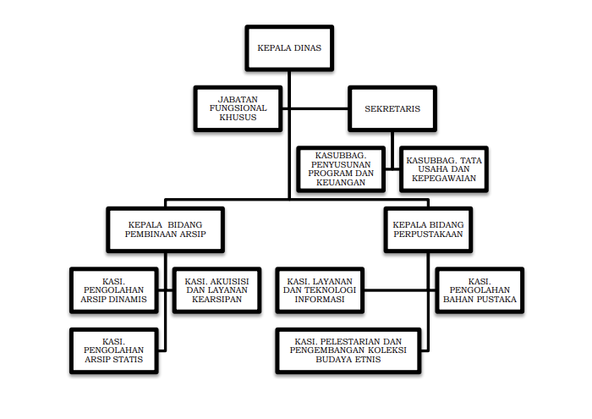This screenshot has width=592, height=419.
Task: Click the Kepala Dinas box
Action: click(x=289, y=48)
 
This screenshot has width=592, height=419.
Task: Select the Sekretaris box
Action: click(x=392, y=109)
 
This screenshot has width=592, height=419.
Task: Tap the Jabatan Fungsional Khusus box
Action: click(x=238, y=109)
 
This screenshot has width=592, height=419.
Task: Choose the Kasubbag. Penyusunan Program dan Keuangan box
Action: click(x=341, y=169)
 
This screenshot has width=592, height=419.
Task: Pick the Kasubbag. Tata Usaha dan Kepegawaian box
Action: click(x=444, y=169)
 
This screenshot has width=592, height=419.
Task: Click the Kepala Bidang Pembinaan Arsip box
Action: click(x=166, y=229)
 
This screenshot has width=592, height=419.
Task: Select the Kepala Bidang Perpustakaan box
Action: click(x=428, y=229)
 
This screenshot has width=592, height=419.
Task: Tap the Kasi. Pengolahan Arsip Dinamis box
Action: click(x=113, y=290)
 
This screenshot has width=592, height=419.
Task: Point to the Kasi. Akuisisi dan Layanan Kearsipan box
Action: click(x=217, y=290)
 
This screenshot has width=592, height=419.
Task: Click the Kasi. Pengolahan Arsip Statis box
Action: click(x=113, y=350)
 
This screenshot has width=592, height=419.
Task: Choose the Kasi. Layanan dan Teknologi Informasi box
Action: click(x=320, y=290)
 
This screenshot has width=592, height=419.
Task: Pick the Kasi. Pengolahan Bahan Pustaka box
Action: click(x=480, y=290)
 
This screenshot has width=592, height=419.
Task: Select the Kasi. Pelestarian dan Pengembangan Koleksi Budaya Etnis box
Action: click(x=348, y=350)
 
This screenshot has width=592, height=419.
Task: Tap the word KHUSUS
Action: click(x=238, y=118)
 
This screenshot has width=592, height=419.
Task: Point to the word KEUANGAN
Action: click(x=341, y=183)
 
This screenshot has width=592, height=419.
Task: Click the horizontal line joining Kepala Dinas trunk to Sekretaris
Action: click(x=320, y=109)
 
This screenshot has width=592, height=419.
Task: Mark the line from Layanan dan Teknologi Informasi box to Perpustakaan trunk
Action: click(x=396, y=290)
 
